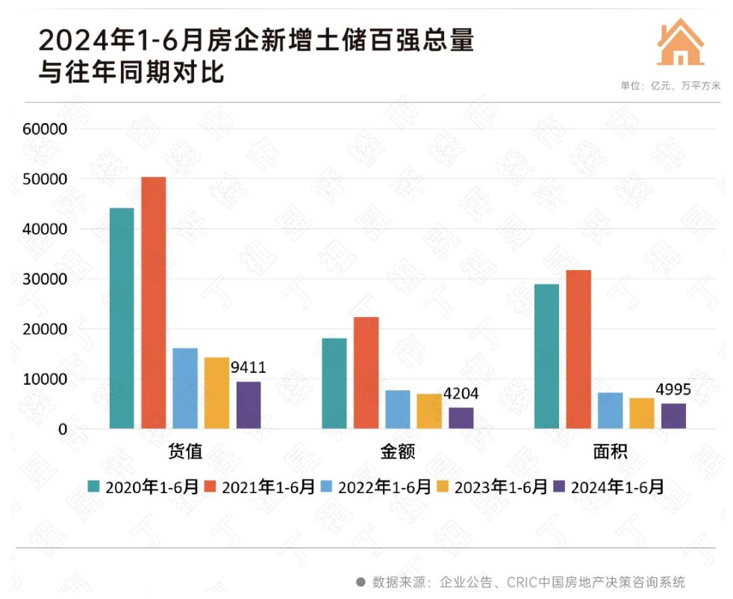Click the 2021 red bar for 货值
(x=154, y=303)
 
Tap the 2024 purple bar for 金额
(x=461, y=418)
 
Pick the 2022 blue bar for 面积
(x=610, y=410)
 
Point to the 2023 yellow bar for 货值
(x=216, y=393)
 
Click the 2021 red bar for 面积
(x=578, y=349)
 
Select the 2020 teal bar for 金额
(x=334, y=383)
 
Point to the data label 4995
(x=673, y=389)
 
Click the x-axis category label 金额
(x=397, y=452)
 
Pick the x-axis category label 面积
(x=610, y=452)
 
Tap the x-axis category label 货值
(x=184, y=452)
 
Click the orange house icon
(x=680, y=42)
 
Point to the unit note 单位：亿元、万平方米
(x=670, y=86)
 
